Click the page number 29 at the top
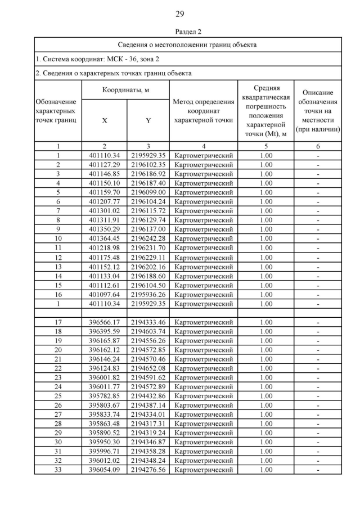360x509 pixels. coord(179,13)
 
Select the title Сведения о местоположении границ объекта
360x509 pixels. coord(187,44)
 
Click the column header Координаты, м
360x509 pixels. coord(125,90)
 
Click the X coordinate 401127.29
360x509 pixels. coord(105,165)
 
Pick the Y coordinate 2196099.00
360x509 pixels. coord(148,192)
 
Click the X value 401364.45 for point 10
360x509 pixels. coord(105,238)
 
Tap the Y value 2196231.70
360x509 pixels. coord(148,248)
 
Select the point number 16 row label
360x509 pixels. coord(58,294)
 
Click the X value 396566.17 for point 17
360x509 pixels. coord(105,322)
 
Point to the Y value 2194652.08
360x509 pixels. coord(148,368)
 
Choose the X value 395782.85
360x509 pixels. coord(105,396)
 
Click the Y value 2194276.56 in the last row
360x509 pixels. coord(148,470)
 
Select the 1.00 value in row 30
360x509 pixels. coord(266,442)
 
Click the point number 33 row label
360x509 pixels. coord(58,470)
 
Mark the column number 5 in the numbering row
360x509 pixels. coord(266,146)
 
